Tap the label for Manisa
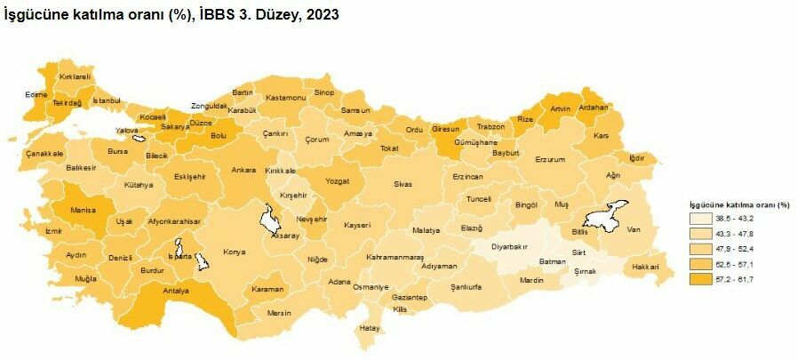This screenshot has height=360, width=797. [85, 212]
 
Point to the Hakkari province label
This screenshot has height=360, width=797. [645, 267]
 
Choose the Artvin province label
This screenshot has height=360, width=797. [560, 108]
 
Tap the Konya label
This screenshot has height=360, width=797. [235, 252]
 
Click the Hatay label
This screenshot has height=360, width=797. [369, 328]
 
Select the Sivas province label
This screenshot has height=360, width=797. [403, 184]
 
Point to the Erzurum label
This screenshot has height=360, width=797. [550, 159]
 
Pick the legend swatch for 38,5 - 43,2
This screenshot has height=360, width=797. [699, 219]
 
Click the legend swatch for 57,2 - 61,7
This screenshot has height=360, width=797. [699, 279]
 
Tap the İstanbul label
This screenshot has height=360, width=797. [106, 100]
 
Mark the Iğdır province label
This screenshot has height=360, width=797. [636, 158]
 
